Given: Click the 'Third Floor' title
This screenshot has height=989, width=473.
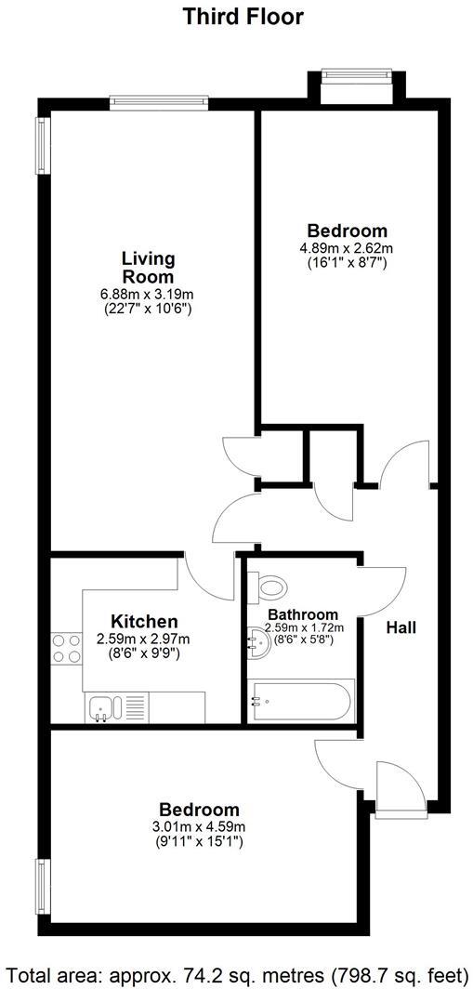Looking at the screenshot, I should tap(243, 17).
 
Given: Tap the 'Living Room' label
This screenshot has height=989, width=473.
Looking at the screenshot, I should tap(148, 267).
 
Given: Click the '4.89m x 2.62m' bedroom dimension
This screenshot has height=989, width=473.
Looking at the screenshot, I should tap(347, 248).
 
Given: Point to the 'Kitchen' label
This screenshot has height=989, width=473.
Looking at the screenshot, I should tap(144, 622).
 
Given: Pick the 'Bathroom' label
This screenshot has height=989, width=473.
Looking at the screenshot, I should tap(303, 614).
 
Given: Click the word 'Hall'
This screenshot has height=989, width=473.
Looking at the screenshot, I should tap(401, 627).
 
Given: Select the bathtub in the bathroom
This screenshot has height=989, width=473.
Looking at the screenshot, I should tap(300, 701).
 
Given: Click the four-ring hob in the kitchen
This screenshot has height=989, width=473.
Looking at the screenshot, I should tap(66, 647).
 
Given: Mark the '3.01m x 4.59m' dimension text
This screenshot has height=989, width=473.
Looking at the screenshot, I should tap(199, 827).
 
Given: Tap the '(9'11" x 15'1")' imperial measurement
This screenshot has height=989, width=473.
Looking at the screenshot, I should tap(199, 842).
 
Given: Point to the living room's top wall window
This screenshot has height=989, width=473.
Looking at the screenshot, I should tap(157, 101).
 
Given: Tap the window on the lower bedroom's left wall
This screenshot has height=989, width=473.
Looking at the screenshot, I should tap(42, 889).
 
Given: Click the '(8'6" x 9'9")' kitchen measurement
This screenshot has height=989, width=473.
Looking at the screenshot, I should tap(144, 653).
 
